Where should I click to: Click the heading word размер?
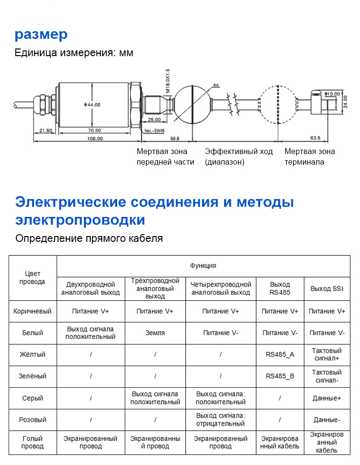41,35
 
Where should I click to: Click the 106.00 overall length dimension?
95,138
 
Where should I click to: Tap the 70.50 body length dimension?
95,130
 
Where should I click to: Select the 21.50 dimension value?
46,130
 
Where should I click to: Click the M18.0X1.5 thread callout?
168,81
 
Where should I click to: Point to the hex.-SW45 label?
155,130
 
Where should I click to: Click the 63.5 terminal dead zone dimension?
315,138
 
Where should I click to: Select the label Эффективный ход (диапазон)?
239,156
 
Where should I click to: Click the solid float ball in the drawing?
191,102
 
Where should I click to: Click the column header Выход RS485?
280,288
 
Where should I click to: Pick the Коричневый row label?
33,311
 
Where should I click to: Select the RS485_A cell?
280,355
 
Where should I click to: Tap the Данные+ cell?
327,398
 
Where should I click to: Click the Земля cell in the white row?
155,333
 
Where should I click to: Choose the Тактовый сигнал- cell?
327,376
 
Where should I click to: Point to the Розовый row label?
33,420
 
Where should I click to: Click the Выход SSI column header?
327,288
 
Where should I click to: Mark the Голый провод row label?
33,442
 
